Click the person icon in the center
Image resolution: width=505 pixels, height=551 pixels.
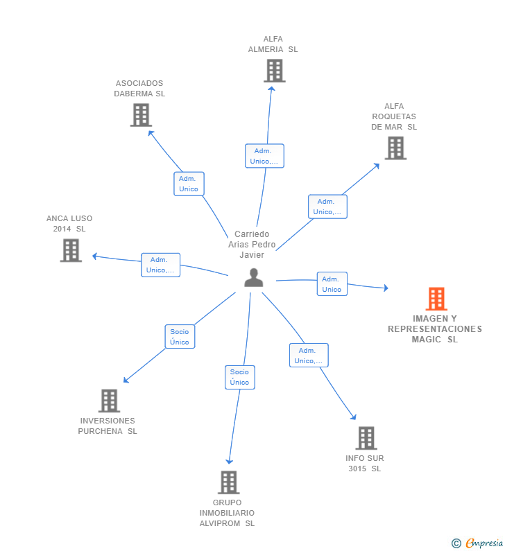pos(254,278)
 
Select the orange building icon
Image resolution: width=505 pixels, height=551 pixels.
pos(436,299)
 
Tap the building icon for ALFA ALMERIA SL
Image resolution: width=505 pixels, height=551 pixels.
pos(274,71)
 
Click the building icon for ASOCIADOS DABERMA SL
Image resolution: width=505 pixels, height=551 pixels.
pos(141,115)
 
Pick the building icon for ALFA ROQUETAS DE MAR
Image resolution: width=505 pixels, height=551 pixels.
pos(395,148)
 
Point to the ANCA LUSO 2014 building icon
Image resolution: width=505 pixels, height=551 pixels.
pos(71,250)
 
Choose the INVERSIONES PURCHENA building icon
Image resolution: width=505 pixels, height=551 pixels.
pos(109,401)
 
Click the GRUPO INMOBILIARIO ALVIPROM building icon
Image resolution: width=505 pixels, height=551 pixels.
pos(228,482)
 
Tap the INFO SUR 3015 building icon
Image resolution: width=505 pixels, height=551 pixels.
pos(366,438)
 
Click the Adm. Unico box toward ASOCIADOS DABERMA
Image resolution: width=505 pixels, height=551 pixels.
pos(189,184)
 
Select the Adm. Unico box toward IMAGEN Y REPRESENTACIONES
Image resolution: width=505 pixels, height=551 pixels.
pos(332,284)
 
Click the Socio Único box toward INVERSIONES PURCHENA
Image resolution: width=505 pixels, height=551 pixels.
pos(180,337)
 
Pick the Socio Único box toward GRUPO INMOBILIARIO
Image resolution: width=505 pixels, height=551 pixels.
pos(239,377)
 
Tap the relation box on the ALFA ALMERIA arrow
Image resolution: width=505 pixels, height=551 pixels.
pos(264,156)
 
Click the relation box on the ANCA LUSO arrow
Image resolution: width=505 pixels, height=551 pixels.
pos(160,265)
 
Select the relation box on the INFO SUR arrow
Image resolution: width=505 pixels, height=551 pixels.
pos(309,356)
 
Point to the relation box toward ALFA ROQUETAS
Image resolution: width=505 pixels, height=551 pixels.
pos(327,207)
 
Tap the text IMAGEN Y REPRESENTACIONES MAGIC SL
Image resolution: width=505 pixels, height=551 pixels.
pos(434,329)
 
